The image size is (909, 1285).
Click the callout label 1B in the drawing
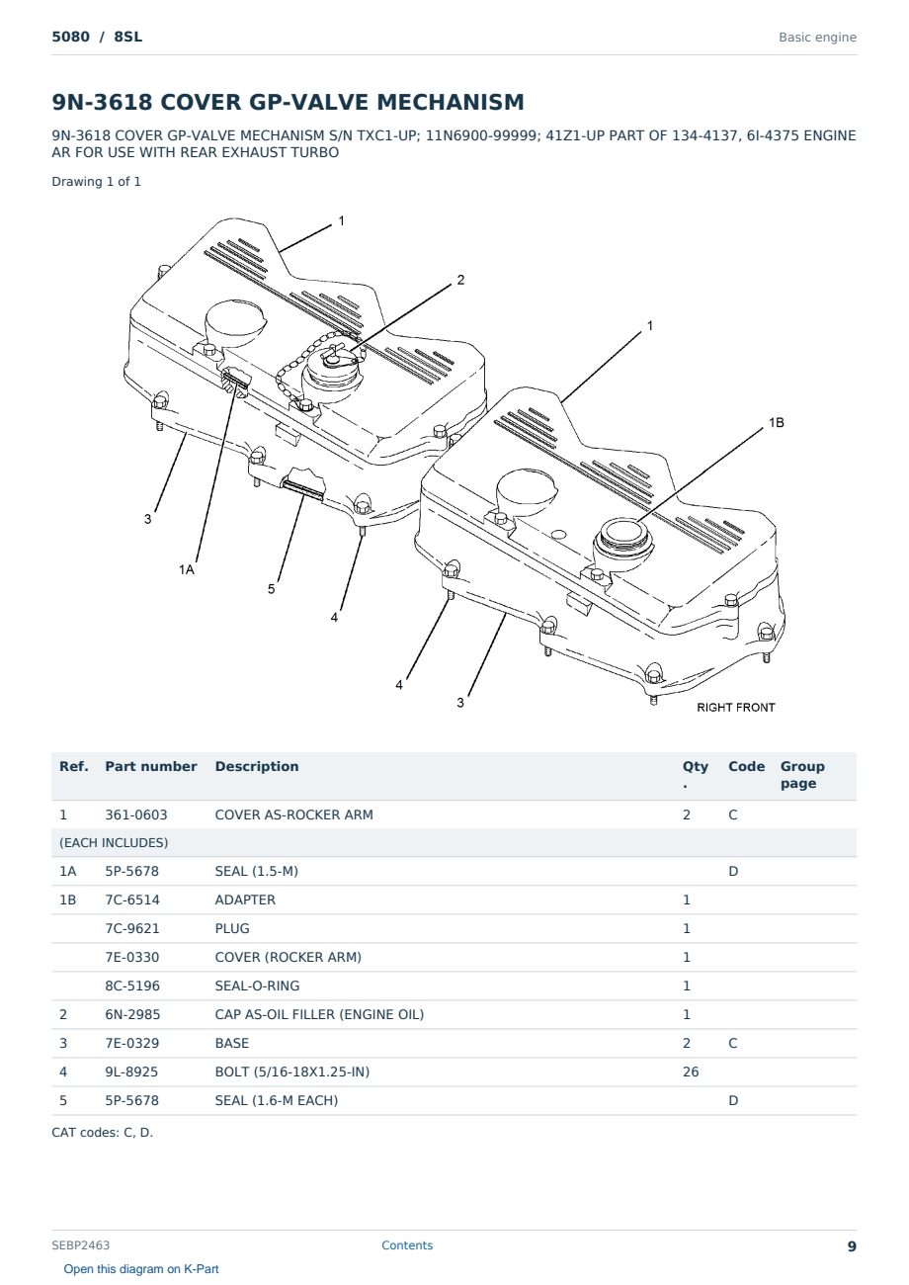(x=776, y=423)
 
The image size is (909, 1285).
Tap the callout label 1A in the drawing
(x=187, y=569)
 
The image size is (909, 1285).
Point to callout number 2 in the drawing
(x=460, y=280)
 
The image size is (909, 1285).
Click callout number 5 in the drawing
(x=272, y=589)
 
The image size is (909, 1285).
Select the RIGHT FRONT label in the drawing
(x=736, y=708)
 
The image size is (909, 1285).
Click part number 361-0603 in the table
(x=136, y=814)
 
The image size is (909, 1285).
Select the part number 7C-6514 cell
(x=132, y=899)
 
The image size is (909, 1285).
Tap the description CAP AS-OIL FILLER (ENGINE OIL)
(x=319, y=1014)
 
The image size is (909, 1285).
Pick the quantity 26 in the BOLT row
(x=691, y=1071)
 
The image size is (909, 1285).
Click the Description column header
(x=257, y=766)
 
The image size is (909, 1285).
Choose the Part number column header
(x=151, y=766)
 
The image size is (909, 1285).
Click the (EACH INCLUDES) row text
(x=114, y=843)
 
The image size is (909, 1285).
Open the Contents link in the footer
(x=407, y=1245)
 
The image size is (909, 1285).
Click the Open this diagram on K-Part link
(x=141, y=1269)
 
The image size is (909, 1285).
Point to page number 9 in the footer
(x=852, y=1246)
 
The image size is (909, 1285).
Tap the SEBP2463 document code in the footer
(x=81, y=1245)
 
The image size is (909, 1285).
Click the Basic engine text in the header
(x=817, y=38)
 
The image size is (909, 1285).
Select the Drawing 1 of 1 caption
(x=97, y=182)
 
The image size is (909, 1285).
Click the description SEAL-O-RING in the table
(x=258, y=985)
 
